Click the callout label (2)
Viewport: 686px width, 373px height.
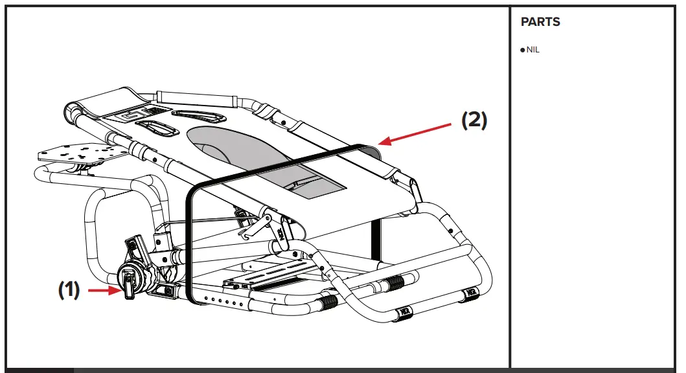pyautogui.click(x=474, y=121)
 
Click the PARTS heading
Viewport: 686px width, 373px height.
pyautogui.click(x=540, y=22)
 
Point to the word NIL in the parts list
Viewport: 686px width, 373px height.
pyautogui.click(x=532, y=50)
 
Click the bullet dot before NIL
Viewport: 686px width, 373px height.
pyautogui.click(x=523, y=50)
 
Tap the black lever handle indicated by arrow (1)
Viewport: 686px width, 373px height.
pyautogui.click(x=128, y=286)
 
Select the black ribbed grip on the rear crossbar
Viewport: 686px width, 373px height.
pyautogui.click(x=393, y=283)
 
